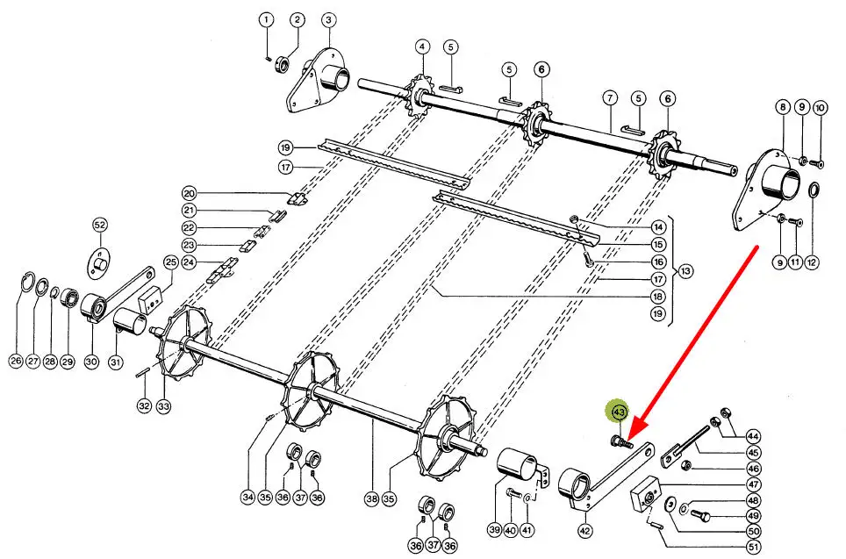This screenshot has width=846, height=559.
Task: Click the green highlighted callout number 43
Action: (x=619, y=411)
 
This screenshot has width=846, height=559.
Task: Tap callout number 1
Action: (x=268, y=19)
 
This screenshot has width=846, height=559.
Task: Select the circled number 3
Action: (x=327, y=19)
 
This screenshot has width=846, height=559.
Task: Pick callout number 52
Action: (x=99, y=226)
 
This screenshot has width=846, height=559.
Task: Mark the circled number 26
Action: (x=16, y=360)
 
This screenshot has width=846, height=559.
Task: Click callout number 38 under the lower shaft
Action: (x=371, y=498)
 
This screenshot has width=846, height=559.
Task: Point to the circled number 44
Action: (x=752, y=436)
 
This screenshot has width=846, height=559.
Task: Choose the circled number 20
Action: (x=190, y=193)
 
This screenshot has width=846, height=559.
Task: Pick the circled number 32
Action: (x=144, y=405)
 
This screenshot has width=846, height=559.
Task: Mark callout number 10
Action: (x=820, y=108)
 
